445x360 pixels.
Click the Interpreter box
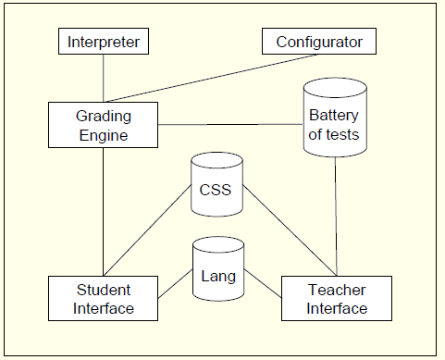coord(104,42)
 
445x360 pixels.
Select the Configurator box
coord(319,42)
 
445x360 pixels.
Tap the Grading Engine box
coord(104,125)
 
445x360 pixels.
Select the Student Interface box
coord(104,298)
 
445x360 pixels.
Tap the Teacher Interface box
coord(337,299)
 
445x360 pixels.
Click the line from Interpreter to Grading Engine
coord(104,78)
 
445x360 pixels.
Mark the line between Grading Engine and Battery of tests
coord(231,125)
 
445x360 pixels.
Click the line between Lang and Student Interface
coord(175,286)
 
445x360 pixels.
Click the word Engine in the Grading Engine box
coord(103,135)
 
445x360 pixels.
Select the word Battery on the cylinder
coord(334,117)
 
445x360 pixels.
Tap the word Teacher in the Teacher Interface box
coord(337,291)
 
